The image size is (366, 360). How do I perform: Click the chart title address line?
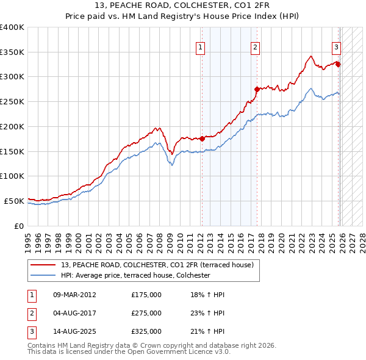[x=183, y=6]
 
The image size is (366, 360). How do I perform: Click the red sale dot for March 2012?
[x=202, y=139]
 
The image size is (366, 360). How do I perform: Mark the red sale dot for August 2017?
[x=257, y=89]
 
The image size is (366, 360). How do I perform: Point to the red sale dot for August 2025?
[x=339, y=64]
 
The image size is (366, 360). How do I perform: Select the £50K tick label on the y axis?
[x=15, y=201]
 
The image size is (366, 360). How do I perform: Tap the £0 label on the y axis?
[x=20, y=226]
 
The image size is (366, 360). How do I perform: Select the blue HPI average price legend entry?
[x=135, y=275]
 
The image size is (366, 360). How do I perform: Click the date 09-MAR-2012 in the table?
[x=75, y=295]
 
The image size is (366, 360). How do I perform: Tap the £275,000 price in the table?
[x=146, y=313]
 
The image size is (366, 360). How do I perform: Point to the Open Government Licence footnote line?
[x=129, y=352]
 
